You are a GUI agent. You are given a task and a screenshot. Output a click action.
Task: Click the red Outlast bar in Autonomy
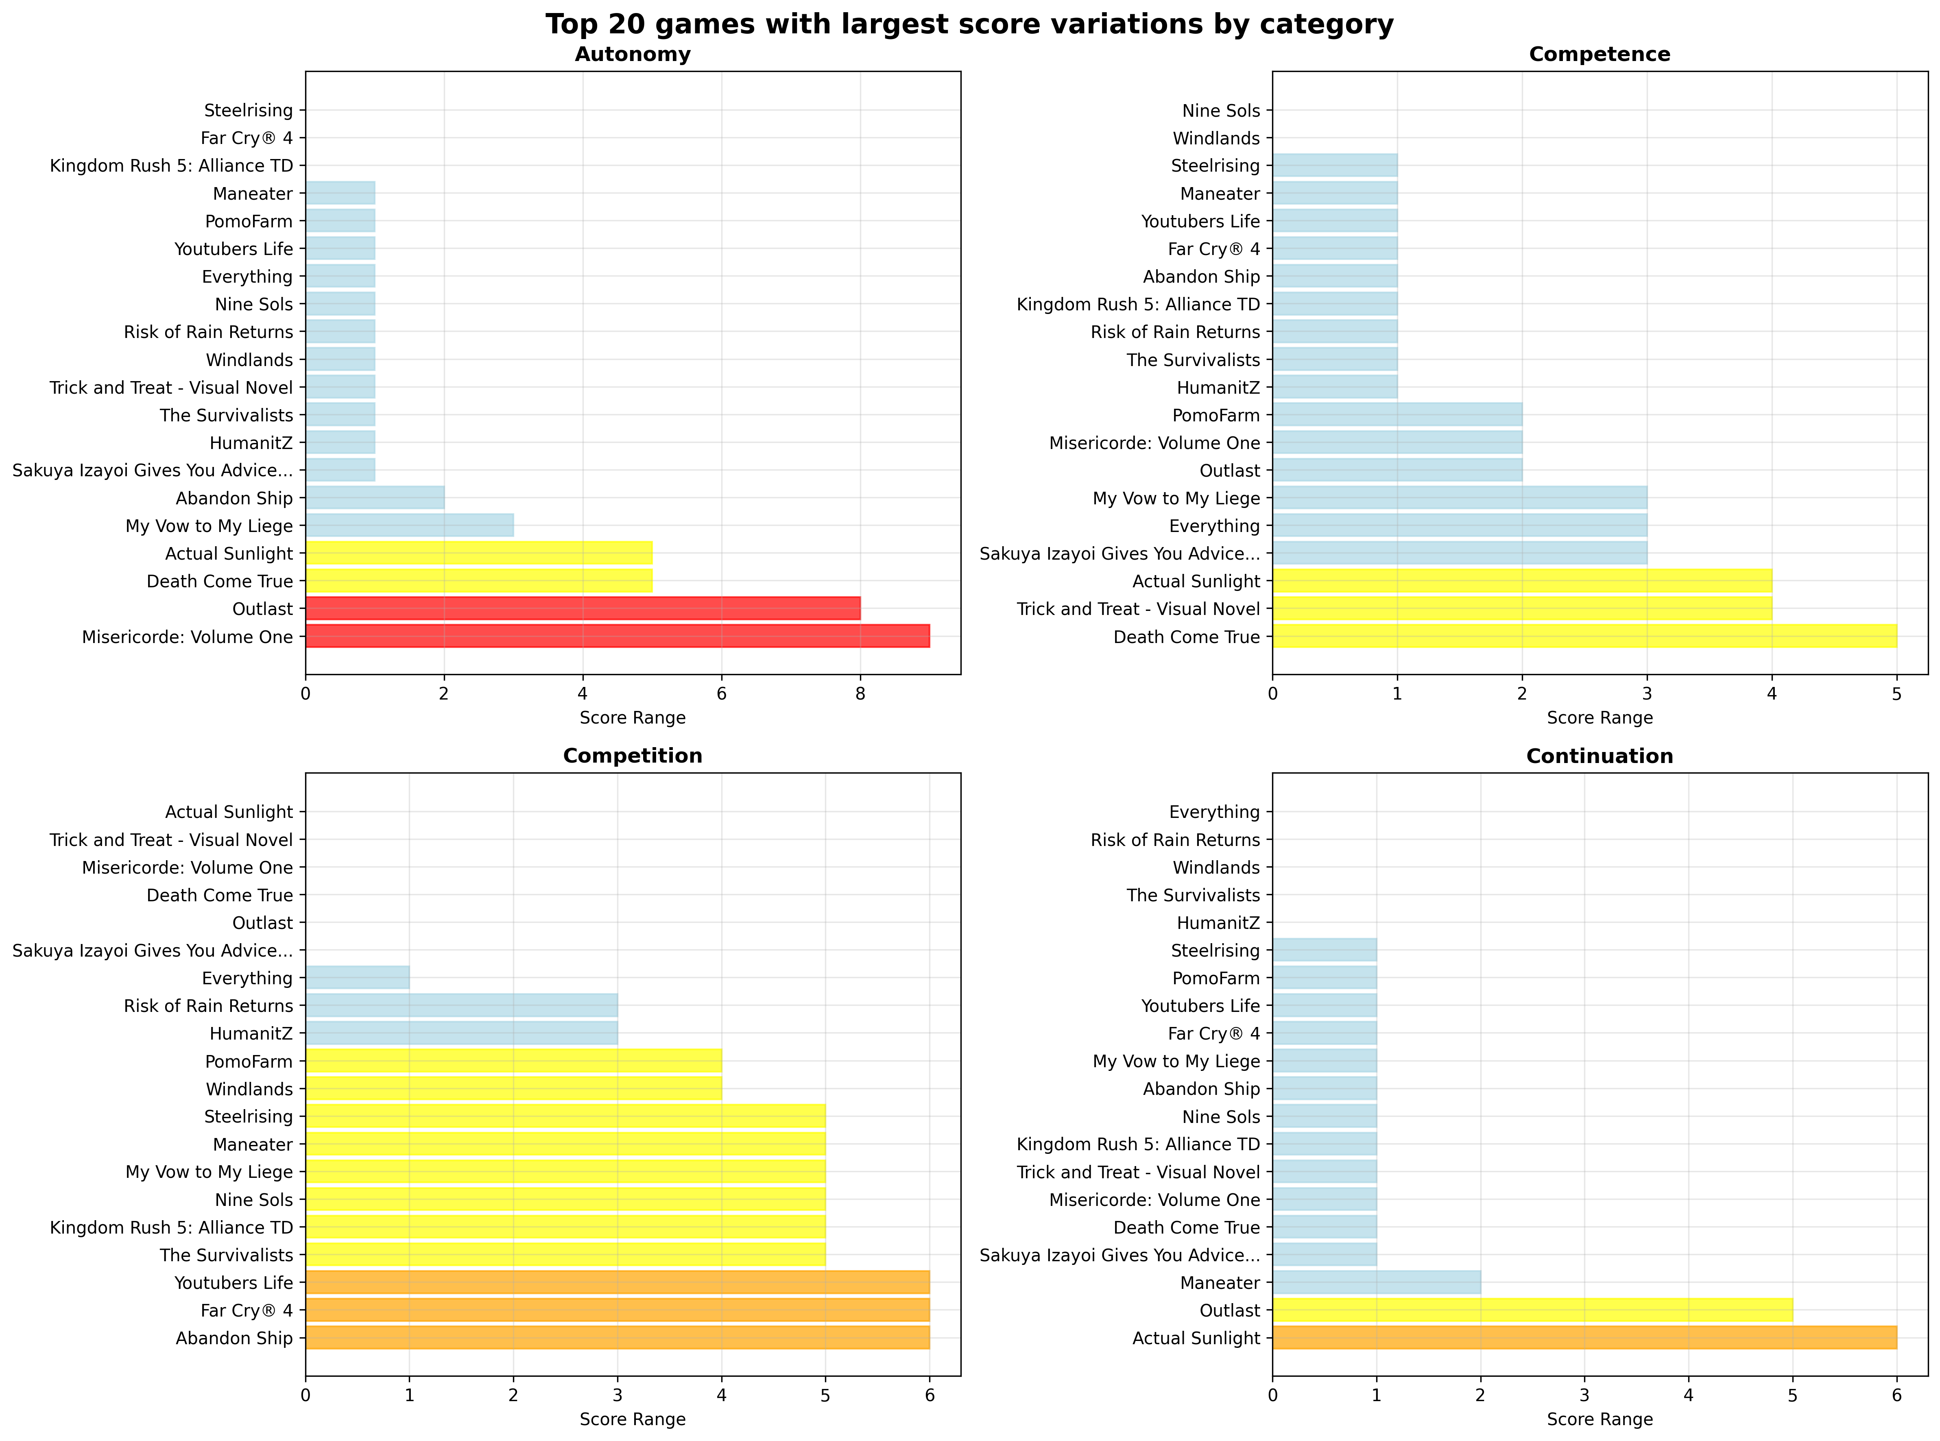583,609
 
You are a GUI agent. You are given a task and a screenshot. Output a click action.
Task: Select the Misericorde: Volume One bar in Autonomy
618,637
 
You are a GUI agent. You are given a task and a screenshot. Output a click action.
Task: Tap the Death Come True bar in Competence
1584,637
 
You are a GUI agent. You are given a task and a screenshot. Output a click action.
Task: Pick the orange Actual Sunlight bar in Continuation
1584,1338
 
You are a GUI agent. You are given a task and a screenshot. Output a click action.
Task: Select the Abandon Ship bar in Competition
618,1338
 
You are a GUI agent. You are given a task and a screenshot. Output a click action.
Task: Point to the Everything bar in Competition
358,978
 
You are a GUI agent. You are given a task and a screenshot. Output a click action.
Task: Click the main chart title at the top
969,24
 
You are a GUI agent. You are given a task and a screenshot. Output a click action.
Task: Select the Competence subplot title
1599,54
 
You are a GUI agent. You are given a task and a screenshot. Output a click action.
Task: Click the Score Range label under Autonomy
633,718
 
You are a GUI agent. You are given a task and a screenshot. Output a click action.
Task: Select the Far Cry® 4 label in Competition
247,1310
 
